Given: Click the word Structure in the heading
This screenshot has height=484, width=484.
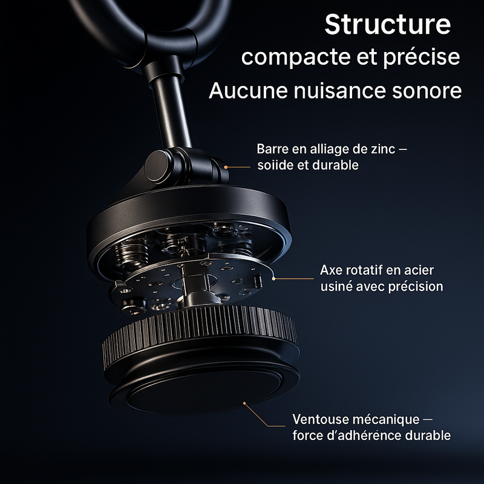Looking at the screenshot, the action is tap(388, 24).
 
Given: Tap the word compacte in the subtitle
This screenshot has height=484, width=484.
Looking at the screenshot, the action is tap(296, 57).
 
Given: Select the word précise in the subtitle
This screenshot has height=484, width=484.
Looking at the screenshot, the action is tap(422, 57).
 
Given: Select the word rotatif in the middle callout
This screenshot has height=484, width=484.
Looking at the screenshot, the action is tap(364, 270).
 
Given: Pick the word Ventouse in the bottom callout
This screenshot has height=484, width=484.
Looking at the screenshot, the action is tap(321, 419).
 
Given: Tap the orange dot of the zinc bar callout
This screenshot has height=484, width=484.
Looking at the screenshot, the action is tap(226, 168).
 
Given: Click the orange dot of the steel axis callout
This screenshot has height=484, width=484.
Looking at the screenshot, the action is tap(273, 278).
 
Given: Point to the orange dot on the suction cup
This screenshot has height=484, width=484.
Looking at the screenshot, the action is tap(244, 403).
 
